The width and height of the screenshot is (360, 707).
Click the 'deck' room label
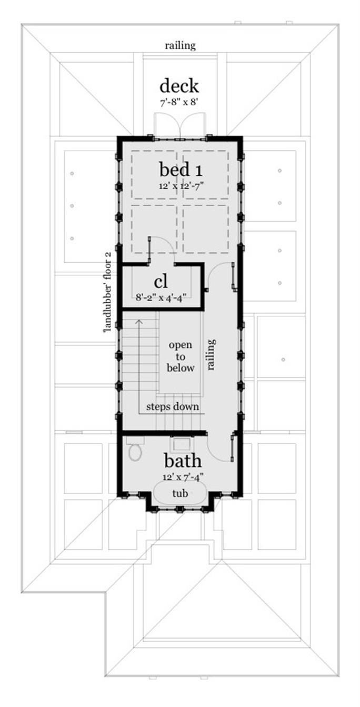(179, 86)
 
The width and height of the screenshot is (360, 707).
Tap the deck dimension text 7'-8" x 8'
(179, 103)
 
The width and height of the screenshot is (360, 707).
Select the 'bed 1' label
(181, 170)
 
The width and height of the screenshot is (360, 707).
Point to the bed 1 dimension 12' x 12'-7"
(180, 186)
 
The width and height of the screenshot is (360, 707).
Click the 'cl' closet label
(161, 281)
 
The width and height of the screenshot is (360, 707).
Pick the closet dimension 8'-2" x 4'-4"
(161, 297)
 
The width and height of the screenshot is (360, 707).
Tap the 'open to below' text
(181, 356)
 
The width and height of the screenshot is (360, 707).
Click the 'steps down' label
(173, 406)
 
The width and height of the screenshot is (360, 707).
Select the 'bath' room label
(183, 461)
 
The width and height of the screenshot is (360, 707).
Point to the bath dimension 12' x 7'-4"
(183, 476)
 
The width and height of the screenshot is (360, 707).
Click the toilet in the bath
(135, 448)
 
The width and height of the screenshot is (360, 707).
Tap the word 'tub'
(180, 493)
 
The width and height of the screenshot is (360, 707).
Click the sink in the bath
(180, 444)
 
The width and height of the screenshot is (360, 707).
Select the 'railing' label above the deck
(180, 46)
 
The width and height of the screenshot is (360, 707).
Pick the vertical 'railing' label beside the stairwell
(212, 354)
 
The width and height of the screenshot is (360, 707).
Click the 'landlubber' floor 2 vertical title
(108, 293)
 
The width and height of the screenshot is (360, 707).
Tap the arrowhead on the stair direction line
(138, 322)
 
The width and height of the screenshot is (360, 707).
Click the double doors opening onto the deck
(180, 126)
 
